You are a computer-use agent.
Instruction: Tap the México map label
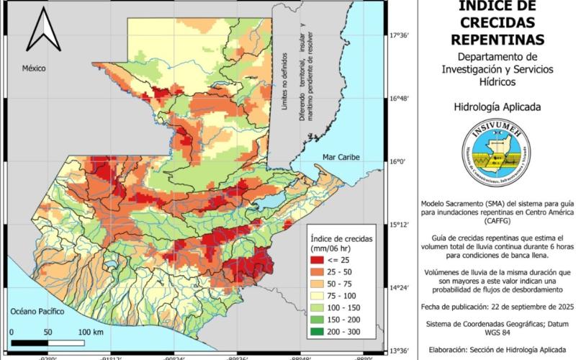pyautogui.click(x=33, y=68)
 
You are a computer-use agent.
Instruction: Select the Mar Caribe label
pyautogui.click(x=341, y=157)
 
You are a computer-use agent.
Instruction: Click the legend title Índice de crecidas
pyautogui.click(x=339, y=238)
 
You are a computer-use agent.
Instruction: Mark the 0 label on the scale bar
pyautogui.click(x=12, y=332)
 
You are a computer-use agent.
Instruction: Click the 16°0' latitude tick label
pyautogui.click(x=398, y=161)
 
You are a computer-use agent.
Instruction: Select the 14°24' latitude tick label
pyautogui.click(x=400, y=288)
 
